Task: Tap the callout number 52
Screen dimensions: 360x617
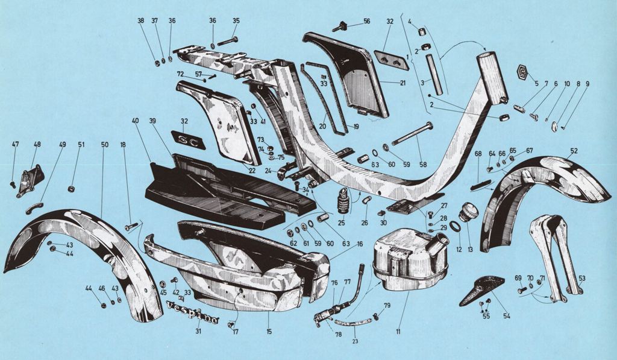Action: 573,151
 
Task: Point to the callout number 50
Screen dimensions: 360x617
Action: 105,145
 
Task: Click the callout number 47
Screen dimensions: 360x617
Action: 16,145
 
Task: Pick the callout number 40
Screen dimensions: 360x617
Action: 135,121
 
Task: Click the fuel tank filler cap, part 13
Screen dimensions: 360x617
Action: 469,213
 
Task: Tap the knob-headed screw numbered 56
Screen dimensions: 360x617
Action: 340,27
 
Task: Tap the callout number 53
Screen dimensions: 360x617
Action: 581,278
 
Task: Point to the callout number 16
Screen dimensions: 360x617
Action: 359,244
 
